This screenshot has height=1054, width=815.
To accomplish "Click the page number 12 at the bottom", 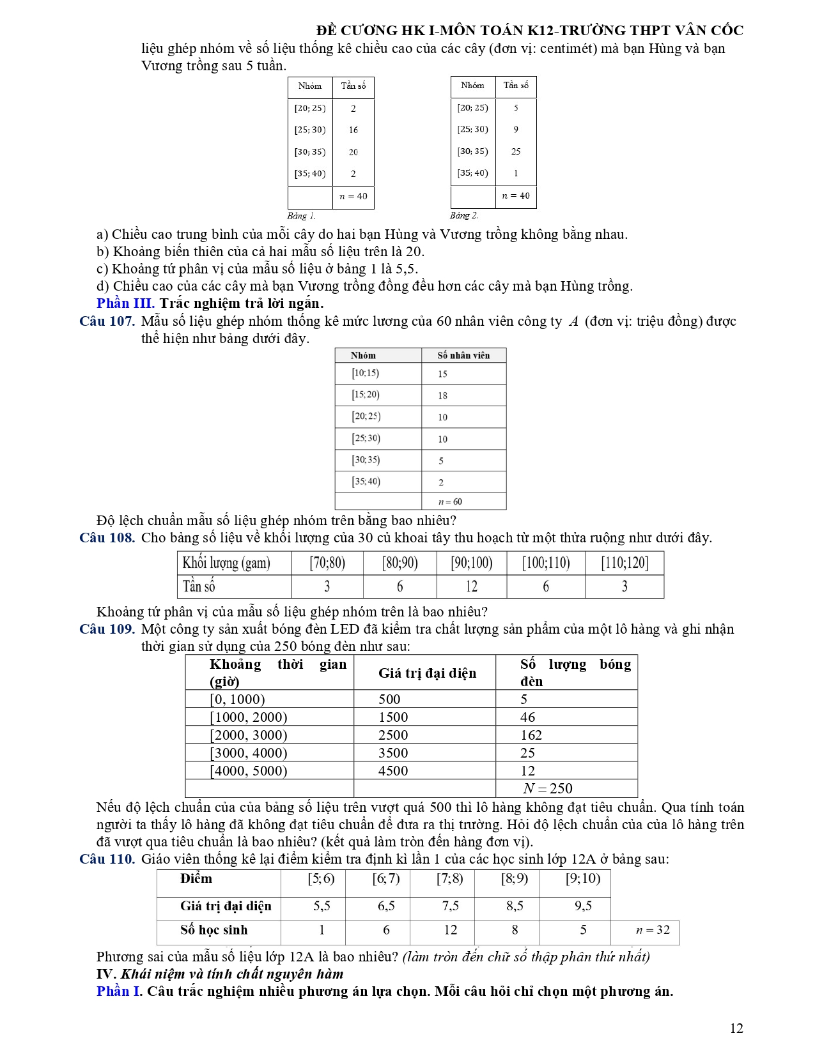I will point(736,1028).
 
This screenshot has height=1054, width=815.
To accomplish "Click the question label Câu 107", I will point(107,321).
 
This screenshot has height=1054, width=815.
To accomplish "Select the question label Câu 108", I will point(107,538).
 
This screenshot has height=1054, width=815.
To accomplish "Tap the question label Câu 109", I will point(107,629).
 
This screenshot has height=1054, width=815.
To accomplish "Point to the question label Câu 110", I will point(107,859).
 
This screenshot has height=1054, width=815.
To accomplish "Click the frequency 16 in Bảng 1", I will point(353,130).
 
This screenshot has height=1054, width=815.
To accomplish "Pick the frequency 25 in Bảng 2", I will point(516,151).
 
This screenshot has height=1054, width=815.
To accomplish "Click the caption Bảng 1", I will point(301,216).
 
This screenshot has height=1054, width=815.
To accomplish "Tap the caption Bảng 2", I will point(463,216).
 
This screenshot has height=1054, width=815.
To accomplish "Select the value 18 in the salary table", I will point(442,395).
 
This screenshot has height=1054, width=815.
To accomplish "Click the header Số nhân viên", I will point(463,355).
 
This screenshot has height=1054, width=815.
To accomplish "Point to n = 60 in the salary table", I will point(450,502).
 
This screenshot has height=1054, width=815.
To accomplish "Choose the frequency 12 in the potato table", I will point(472,586).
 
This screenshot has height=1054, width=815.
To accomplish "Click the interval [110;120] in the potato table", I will point(625,563).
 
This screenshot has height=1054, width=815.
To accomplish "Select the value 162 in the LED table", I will point(531,735).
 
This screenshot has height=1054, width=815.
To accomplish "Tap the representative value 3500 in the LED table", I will point(393,753).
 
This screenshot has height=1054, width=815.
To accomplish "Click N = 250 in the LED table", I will point(548,788).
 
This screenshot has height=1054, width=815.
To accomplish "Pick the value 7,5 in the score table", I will point(450,906).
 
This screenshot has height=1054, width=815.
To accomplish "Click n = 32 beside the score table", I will point(653,930).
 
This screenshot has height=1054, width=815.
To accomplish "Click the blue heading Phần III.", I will point(125,303).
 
